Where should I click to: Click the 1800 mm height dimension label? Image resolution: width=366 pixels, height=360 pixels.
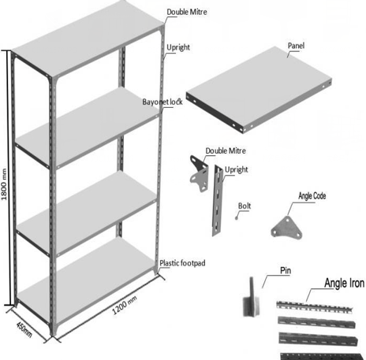(4, 184)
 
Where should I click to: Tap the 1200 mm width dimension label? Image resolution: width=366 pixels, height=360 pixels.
(125, 305)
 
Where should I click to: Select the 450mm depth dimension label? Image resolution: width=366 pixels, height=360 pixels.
(24, 329)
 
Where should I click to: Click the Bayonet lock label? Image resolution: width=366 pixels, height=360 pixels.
(162, 102)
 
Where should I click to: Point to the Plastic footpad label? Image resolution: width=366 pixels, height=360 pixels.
(182, 263)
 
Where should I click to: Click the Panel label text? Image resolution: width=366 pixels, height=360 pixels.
(296, 46)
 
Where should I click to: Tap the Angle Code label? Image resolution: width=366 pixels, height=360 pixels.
(312, 196)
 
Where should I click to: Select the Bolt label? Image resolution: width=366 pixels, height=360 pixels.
(245, 206)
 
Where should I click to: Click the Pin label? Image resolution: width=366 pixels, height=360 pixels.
(286, 270)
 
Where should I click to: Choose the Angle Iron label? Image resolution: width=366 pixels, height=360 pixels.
(345, 283)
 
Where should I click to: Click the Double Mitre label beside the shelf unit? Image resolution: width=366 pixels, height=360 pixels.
(187, 12)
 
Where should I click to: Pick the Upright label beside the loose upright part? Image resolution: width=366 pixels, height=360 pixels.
(236, 169)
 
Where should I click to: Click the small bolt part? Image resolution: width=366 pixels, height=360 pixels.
(237, 217)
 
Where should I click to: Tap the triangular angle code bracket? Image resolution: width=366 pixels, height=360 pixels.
(286, 228)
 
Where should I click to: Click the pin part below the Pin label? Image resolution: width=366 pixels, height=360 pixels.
(251, 297)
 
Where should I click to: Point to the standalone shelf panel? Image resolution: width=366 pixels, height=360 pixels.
(259, 90)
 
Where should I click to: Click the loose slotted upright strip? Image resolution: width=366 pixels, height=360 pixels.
(218, 201)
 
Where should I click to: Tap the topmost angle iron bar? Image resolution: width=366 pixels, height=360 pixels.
(315, 307)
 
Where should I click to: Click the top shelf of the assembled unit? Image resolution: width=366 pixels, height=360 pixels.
(88, 39)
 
